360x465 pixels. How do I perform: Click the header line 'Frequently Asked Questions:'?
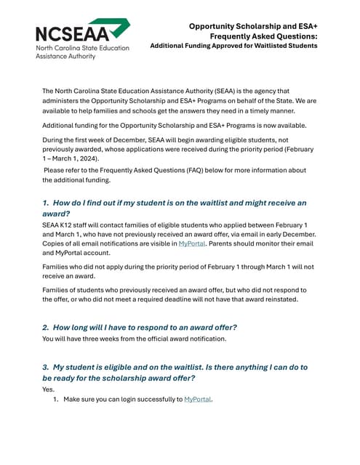[263, 36]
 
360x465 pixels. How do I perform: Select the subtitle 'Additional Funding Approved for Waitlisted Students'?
[233, 46]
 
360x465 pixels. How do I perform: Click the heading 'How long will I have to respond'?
[145, 327]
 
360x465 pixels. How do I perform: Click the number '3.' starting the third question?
[46, 367]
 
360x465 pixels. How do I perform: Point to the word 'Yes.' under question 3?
[49, 389]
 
